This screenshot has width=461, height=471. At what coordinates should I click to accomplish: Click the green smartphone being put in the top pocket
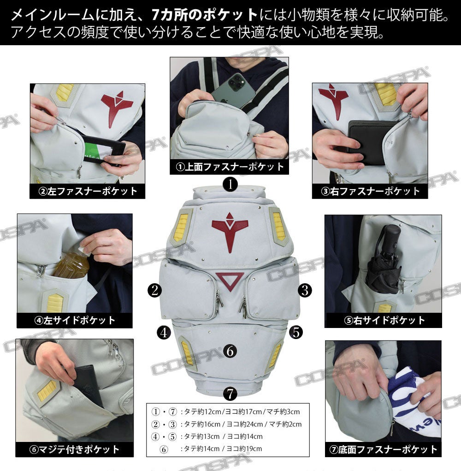coord(234,90)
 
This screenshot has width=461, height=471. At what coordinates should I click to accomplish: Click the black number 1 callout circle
coord(230,184)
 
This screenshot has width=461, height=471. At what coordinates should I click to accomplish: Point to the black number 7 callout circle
coord(230,393)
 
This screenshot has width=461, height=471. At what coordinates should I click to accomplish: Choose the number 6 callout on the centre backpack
coord(230,351)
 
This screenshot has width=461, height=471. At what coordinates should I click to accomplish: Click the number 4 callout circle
coord(164,333)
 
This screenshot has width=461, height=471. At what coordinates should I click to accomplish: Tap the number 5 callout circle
coord(296,333)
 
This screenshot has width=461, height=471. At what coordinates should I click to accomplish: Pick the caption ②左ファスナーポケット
coord(88,191)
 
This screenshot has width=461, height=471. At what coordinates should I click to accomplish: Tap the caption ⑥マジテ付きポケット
coord(74,450)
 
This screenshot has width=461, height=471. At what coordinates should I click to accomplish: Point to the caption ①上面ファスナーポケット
coord(230,167)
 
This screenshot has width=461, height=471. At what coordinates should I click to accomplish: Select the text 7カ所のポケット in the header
coord(205,15)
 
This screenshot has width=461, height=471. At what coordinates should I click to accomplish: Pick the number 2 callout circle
coord(155,291)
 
